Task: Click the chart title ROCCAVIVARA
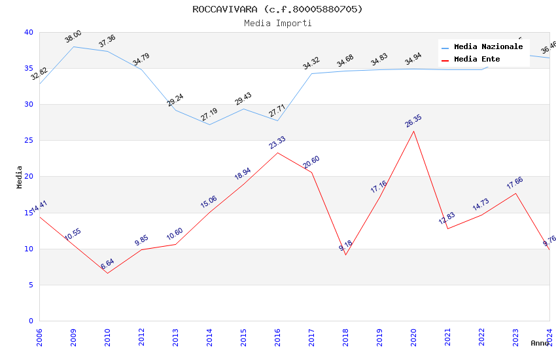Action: tap(277, 9)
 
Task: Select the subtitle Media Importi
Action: tap(277, 24)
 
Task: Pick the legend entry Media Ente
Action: tap(477, 60)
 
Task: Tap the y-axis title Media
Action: tap(20, 177)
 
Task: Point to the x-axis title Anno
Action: tap(540, 343)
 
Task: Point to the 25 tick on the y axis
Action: tap(29, 141)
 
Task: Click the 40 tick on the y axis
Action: tap(29, 32)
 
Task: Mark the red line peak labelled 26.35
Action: tap(413, 131)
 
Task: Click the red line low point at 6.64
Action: tap(107, 273)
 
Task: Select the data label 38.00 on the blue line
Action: tap(73, 37)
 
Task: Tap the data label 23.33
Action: tap(277, 143)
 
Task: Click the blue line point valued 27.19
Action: tap(209, 124)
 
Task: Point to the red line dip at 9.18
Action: tap(345, 255)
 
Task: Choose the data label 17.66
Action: tap(515, 183)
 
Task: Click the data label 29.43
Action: tap(243, 99)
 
